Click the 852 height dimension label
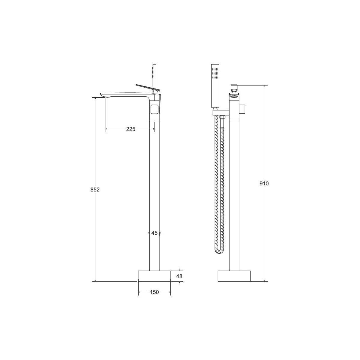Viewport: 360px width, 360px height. click(95, 190)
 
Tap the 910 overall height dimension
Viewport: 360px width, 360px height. click(264, 184)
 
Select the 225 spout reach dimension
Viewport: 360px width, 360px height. click(130, 129)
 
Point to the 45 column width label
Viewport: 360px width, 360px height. click(154, 233)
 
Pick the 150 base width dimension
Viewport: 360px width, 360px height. click(154, 292)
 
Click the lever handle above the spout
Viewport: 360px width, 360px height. click(148, 88)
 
